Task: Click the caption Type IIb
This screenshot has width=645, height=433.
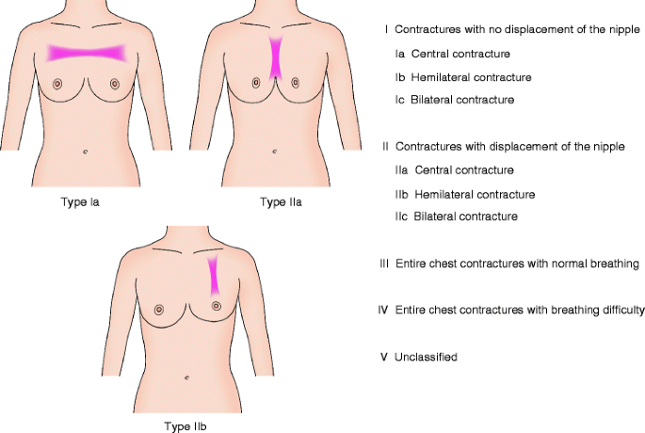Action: [x=186, y=425]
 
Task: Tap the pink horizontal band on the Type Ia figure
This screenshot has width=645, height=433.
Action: [x=86, y=52]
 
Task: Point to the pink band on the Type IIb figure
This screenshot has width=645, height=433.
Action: [x=214, y=273]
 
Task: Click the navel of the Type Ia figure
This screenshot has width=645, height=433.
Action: [x=86, y=152]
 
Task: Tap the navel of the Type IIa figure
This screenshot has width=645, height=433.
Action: [x=274, y=152]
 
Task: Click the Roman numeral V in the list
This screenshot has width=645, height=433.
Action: [x=384, y=357]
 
